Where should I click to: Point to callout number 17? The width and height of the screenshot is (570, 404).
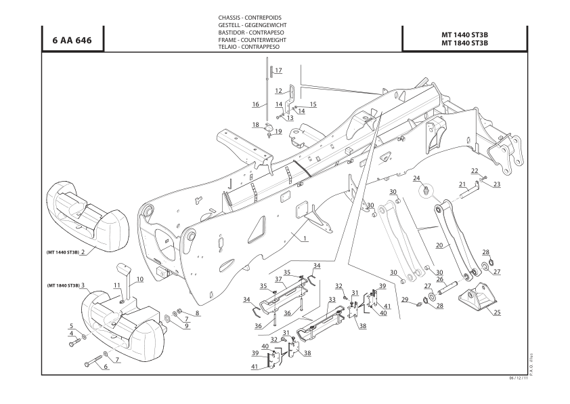point(278,70)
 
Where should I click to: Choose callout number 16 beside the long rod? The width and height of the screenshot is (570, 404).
point(256,104)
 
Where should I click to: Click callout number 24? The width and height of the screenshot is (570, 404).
point(417,178)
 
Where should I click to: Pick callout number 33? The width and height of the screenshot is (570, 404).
point(332,299)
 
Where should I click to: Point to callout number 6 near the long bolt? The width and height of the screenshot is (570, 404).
point(105,367)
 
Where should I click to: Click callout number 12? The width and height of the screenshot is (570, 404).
point(278,91)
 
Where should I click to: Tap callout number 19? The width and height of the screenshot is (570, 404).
point(278,131)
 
